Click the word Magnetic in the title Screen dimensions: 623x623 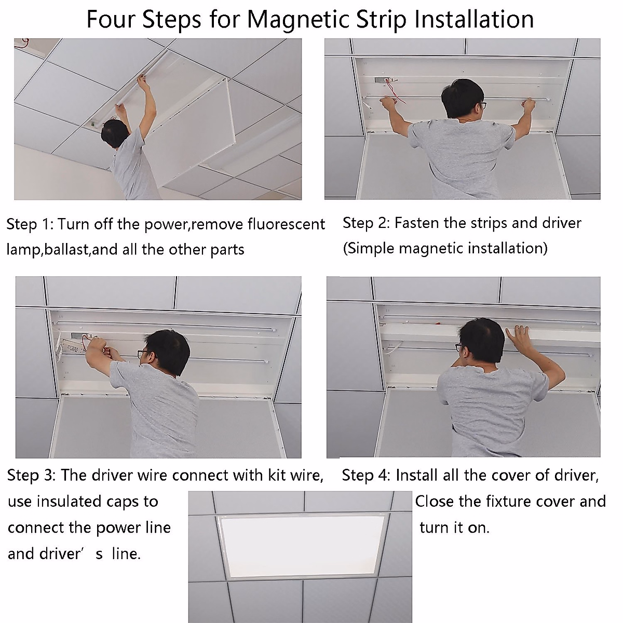pos(299,20)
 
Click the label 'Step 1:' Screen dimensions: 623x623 pos(30,224)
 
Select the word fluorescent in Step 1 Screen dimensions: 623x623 pos(286,224)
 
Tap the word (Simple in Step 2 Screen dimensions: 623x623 pos(369,249)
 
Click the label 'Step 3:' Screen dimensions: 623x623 pos(31,475)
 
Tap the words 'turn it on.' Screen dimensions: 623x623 pos(454,527)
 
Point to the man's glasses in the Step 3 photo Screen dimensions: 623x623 pos(143,353)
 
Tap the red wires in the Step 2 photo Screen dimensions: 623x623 pos(396,91)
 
